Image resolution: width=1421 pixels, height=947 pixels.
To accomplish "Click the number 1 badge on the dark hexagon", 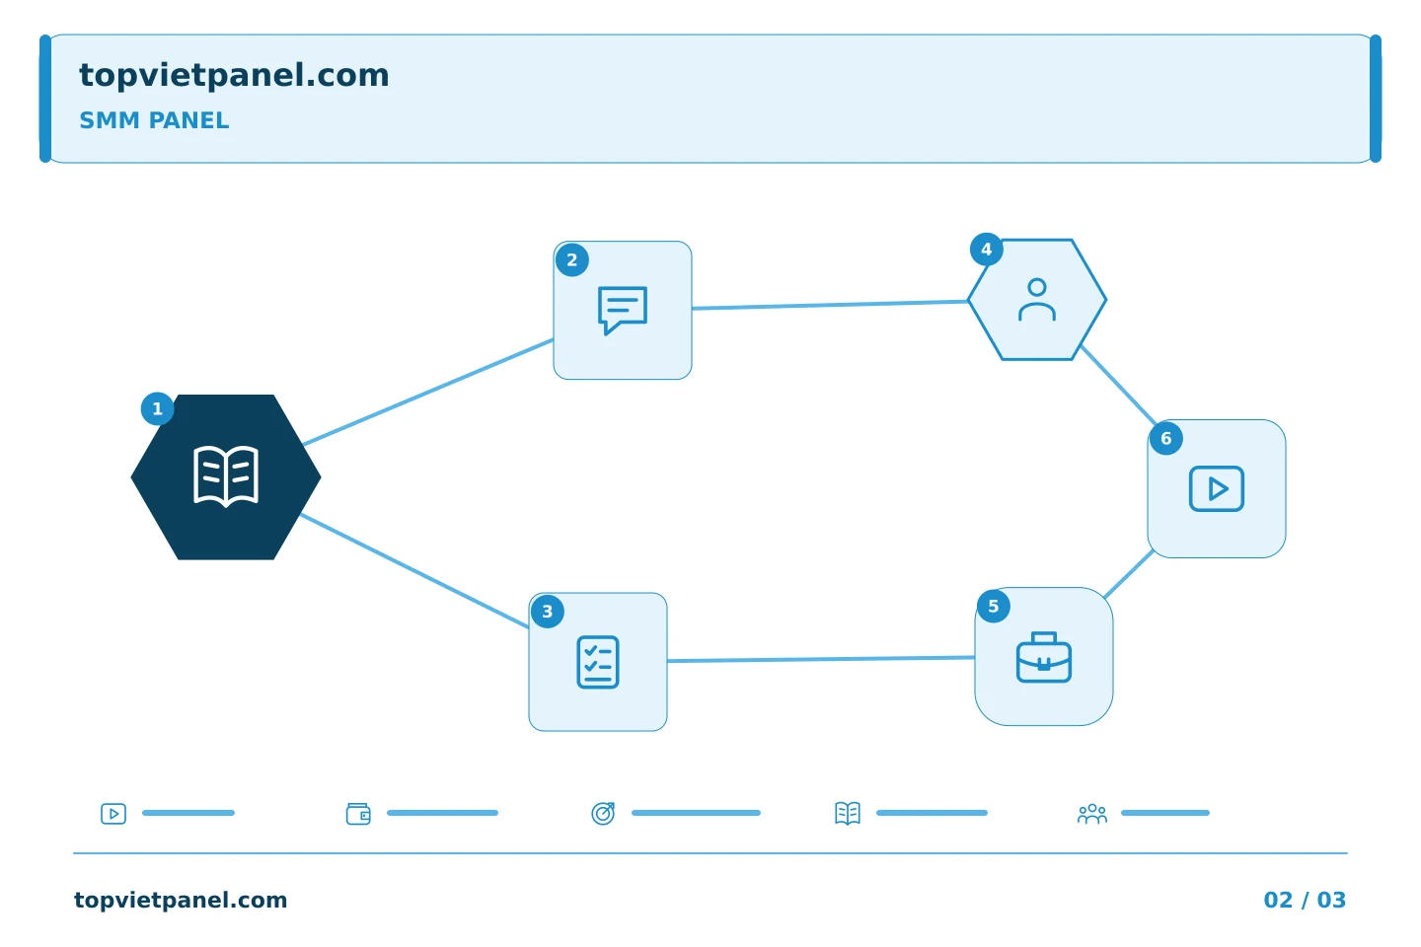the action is (x=157, y=408).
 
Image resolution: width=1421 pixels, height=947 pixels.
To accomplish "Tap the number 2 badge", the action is (x=572, y=260).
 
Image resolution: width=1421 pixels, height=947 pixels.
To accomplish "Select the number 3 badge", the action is (x=548, y=612).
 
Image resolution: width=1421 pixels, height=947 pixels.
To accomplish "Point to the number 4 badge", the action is (x=987, y=250).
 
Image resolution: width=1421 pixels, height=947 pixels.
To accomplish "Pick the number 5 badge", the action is (x=994, y=607).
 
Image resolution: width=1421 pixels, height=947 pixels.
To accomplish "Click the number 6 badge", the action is (x=1166, y=438).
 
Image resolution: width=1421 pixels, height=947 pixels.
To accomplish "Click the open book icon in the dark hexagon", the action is (x=226, y=476).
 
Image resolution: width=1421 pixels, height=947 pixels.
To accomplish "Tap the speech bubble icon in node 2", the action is (x=623, y=310).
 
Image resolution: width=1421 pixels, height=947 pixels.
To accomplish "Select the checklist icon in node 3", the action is (x=598, y=662).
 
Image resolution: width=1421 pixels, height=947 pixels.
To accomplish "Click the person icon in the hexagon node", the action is (x=1037, y=300).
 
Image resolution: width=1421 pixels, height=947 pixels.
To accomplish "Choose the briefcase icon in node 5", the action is (x=1044, y=657).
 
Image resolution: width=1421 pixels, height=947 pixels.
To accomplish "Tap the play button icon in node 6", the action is (x=1216, y=488).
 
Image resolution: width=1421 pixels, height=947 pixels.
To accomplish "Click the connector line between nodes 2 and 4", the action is (x=830, y=305).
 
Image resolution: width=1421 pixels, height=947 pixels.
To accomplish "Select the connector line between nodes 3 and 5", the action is (x=821, y=660).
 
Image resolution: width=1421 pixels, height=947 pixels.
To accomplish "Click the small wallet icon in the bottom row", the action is (x=358, y=814).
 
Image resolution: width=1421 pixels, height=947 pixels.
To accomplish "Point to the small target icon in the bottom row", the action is (x=603, y=814).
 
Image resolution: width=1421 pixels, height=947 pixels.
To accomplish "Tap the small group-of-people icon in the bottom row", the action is (x=1091, y=814).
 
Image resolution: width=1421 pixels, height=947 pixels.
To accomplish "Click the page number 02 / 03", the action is (x=1305, y=900).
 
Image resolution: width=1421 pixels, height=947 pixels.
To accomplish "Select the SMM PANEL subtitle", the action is (x=154, y=120).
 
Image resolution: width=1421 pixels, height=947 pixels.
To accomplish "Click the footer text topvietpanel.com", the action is (x=181, y=900).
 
